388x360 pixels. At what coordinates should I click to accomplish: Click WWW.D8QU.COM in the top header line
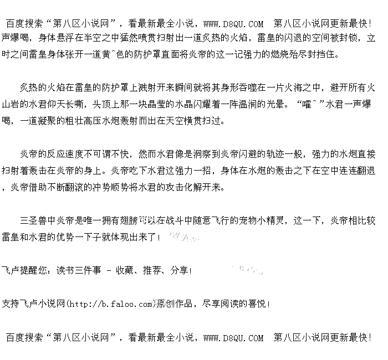(x=233, y=24)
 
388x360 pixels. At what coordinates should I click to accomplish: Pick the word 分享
(x=178, y=271)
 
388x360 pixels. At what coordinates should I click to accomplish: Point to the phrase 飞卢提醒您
(x=23, y=271)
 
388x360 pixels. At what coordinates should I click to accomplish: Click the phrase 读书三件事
(x=78, y=271)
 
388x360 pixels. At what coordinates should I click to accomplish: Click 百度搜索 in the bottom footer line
(x=24, y=337)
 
